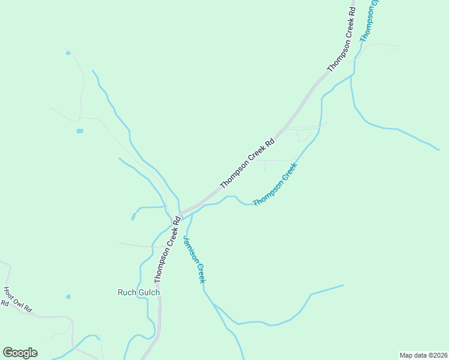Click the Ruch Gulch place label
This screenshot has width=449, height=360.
pos(139,292)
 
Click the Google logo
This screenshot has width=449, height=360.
pos(20,353)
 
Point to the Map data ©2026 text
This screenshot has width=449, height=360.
pos(423,355)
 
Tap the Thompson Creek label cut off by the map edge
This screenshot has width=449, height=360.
pos(369,22)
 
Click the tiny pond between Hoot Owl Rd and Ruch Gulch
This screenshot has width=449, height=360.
pos(68,296)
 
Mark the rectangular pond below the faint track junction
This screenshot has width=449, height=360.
pos(80,130)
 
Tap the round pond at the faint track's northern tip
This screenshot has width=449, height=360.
pos(68,53)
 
